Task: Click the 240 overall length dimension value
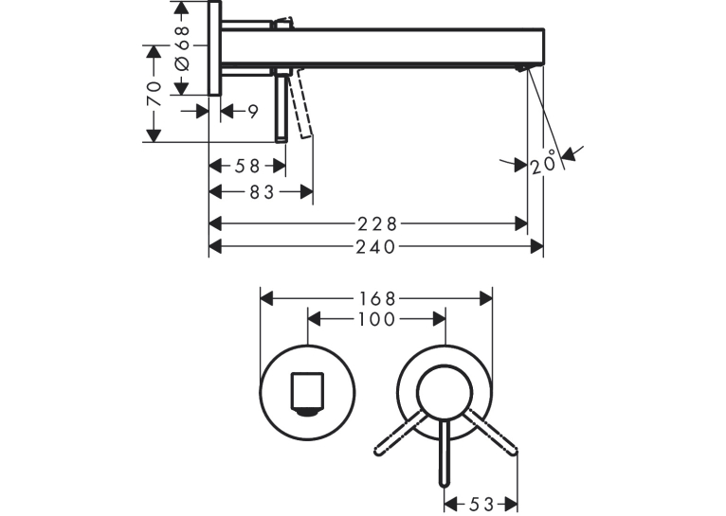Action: pyautogui.click(x=375, y=247)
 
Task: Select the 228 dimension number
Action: pyautogui.click(x=377, y=224)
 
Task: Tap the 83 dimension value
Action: pyautogui.click(x=263, y=192)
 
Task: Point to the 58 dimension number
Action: pyautogui.click(x=247, y=166)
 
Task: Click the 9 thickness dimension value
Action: pyautogui.click(x=253, y=112)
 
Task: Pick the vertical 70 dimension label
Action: pyautogui.click(x=154, y=94)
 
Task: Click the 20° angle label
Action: pyautogui.click(x=543, y=162)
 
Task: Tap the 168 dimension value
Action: pyautogui.click(x=377, y=299)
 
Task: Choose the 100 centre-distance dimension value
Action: pyautogui.click(x=377, y=319)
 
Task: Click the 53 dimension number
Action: pyautogui.click(x=482, y=504)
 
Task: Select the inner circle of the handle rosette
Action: pyautogui.click(x=445, y=393)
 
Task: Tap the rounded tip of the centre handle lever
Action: pyautogui.click(x=444, y=483)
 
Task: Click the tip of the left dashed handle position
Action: pyautogui.click(x=379, y=451)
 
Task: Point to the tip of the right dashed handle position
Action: pyautogui.click(x=512, y=451)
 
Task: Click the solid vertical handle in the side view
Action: pyautogui.click(x=281, y=108)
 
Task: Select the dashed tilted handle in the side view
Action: pyautogui.click(x=300, y=103)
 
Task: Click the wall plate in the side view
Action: pyautogui.click(x=215, y=48)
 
